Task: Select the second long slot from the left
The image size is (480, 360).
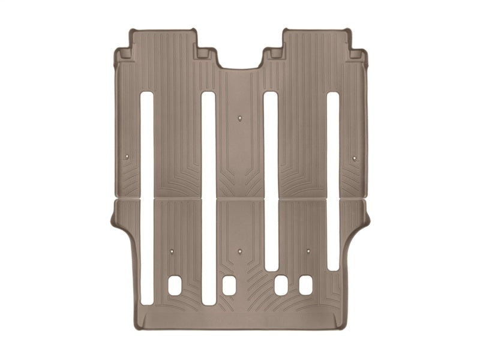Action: (208, 197)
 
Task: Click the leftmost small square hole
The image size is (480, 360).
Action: (175, 285)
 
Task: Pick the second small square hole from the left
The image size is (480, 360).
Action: (229, 285)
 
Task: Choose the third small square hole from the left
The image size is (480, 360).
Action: (281, 285)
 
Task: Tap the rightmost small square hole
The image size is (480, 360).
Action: (306, 285)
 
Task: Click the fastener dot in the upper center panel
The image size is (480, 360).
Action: (239, 118)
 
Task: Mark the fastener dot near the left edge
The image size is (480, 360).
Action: (127, 158)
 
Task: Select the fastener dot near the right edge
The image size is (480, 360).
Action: (354, 158)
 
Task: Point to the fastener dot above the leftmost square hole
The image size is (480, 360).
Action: (171, 251)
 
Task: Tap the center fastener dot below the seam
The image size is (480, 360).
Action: (239, 251)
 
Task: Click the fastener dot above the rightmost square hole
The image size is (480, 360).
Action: (308, 251)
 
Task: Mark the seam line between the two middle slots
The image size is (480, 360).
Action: (239, 199)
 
